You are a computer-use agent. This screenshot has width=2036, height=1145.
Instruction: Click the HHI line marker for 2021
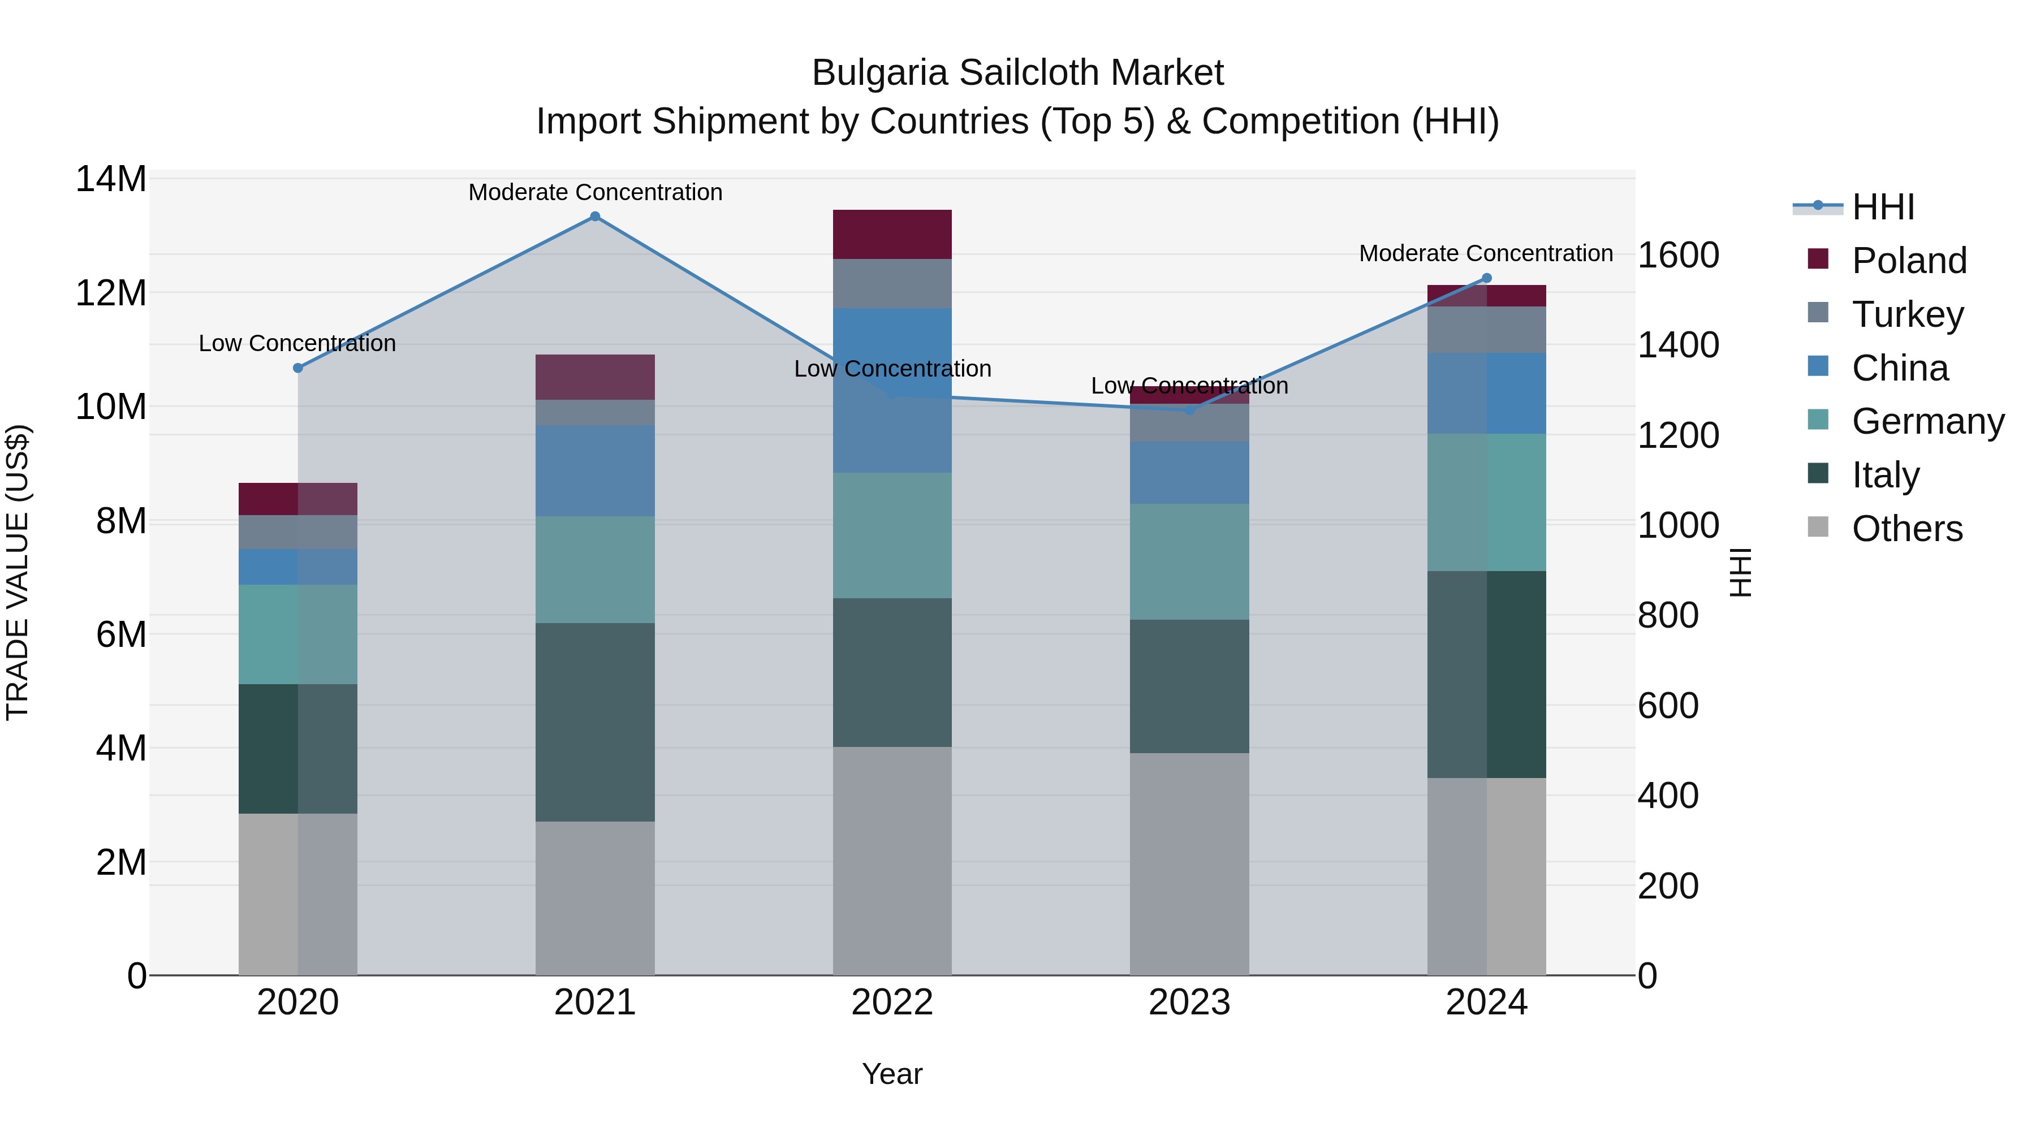(x=595, y=217)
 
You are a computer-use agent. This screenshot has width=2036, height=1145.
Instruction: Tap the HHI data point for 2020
(x=298, y=368)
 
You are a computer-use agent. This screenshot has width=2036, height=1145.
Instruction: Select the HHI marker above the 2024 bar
(x=1486, y=278)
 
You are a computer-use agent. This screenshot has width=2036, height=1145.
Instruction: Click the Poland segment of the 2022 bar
(x=892, y=235)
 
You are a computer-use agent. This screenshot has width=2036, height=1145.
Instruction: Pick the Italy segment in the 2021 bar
(x=595, y=722)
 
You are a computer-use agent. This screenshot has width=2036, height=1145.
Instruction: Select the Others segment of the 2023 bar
(x=1189, y=863)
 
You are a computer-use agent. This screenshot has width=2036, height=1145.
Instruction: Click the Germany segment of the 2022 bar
(x=892, y=536)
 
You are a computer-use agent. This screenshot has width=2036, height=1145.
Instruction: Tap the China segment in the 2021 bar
(x=595, y=471)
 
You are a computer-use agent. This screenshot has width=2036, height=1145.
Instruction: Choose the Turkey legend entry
(x=1907, y=314)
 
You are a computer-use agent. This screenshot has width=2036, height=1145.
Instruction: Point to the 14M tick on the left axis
(x=111, y=179)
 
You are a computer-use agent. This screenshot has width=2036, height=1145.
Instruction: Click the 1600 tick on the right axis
(x=1678, y=255)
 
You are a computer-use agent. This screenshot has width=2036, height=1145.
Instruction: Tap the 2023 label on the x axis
(x=1189, y=1003)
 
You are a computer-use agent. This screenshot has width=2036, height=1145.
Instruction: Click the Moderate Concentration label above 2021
(x=595, y=192)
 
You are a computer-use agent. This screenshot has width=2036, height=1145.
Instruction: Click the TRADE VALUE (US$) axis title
(x=18, y=572)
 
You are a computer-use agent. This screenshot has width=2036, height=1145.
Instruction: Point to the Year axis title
(x=892, y=1074)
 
